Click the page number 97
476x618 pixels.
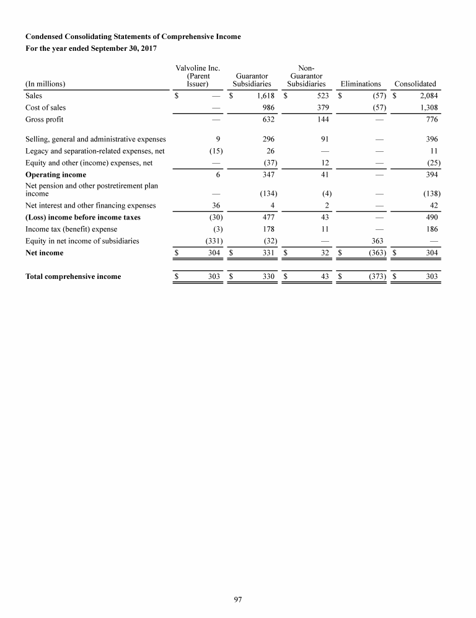point(238,599)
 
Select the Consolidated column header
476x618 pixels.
point(415,84)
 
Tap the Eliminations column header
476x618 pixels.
point(361,84)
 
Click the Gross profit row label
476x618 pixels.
point(44,119)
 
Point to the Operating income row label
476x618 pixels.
point(56,175)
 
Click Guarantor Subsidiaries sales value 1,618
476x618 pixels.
point(265,96)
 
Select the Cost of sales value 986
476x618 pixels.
point(268,108)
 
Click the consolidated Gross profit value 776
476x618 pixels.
point(431,119)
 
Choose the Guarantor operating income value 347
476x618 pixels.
point(268,175)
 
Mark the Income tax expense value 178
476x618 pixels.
point(268,229)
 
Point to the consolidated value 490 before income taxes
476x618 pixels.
point(431,217)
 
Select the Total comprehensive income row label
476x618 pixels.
point(73,276)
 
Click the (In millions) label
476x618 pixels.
point(45,84)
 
